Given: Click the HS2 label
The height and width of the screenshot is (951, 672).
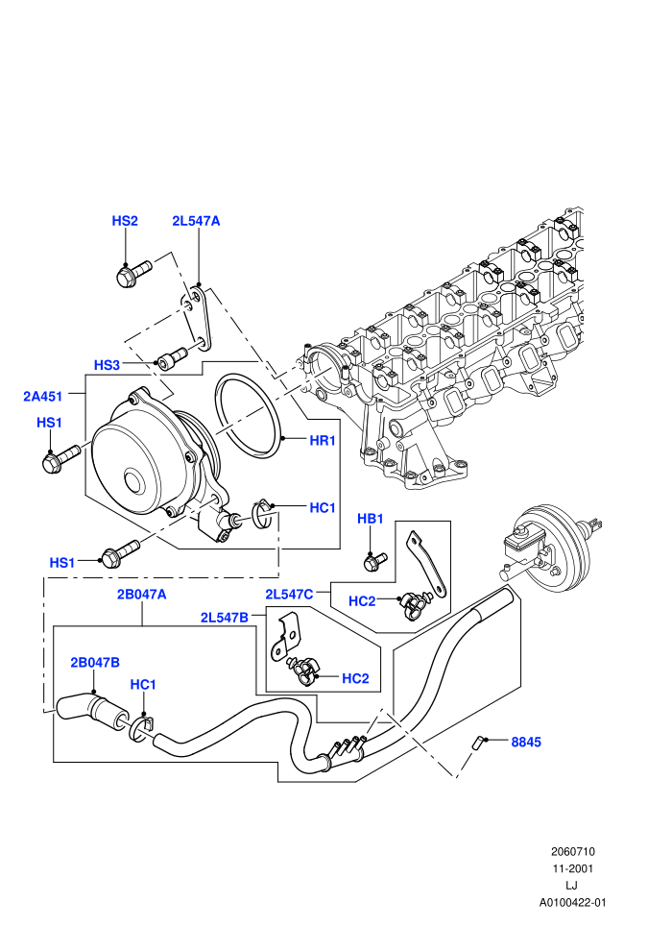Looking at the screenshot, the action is (125, 221).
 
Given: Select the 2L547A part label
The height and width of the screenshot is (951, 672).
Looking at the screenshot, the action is (196, 221).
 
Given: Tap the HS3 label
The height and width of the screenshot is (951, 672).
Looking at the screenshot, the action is (107, 365).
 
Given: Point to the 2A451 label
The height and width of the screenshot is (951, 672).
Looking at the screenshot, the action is (42, 397).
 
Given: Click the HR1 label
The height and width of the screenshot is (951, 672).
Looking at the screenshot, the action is (323, 440).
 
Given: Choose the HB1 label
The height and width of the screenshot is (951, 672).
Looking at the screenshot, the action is (371, 519).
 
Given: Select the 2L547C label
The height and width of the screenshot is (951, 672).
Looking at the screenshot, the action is (289, 595).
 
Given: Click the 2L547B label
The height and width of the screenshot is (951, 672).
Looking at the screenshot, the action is (225, 618).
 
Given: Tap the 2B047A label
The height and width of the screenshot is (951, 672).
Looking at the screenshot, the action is (142, 595).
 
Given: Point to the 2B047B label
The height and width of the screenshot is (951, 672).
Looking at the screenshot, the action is (95, 662).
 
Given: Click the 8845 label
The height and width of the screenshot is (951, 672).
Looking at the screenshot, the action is (526, 742).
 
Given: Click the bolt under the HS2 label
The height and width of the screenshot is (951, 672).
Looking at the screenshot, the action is (132, 273).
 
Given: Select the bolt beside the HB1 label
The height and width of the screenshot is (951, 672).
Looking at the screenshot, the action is (374, 562).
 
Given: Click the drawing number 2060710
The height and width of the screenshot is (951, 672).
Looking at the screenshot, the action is (572, 851).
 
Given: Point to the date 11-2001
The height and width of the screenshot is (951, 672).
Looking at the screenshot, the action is (572, 868).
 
